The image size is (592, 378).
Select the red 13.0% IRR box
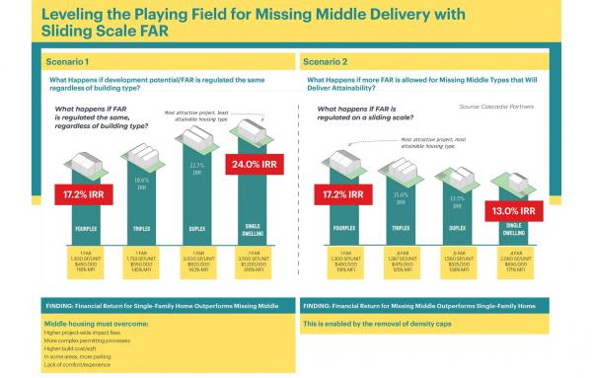pyautogui.click(x=513, y=209)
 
